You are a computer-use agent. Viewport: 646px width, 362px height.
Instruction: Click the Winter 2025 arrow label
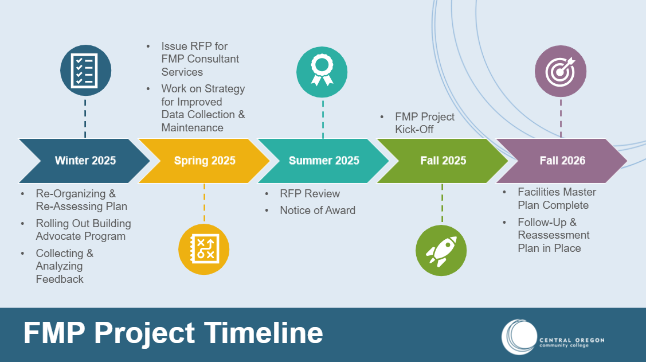85,161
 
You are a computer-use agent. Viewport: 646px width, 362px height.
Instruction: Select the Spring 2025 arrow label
205,161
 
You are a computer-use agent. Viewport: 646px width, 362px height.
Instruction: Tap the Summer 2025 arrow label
324,161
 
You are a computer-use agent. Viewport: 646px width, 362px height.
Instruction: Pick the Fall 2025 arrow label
443,161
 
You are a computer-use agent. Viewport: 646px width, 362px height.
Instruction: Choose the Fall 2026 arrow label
562,161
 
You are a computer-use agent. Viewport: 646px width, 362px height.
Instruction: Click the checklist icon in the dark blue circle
85,71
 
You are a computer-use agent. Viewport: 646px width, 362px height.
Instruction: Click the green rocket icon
441,251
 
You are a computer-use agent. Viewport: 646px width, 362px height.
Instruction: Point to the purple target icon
560,71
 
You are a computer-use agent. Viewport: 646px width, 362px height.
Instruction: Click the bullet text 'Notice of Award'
317,211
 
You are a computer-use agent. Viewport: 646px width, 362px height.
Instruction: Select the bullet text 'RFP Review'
310,194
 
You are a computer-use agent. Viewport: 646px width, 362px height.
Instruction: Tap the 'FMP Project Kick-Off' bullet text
424,123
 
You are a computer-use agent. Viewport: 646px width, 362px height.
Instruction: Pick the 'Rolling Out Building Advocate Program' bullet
83,230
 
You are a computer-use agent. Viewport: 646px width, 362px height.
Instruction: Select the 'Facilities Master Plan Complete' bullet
549,198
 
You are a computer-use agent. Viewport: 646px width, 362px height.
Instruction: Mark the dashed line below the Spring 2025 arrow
204,204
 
